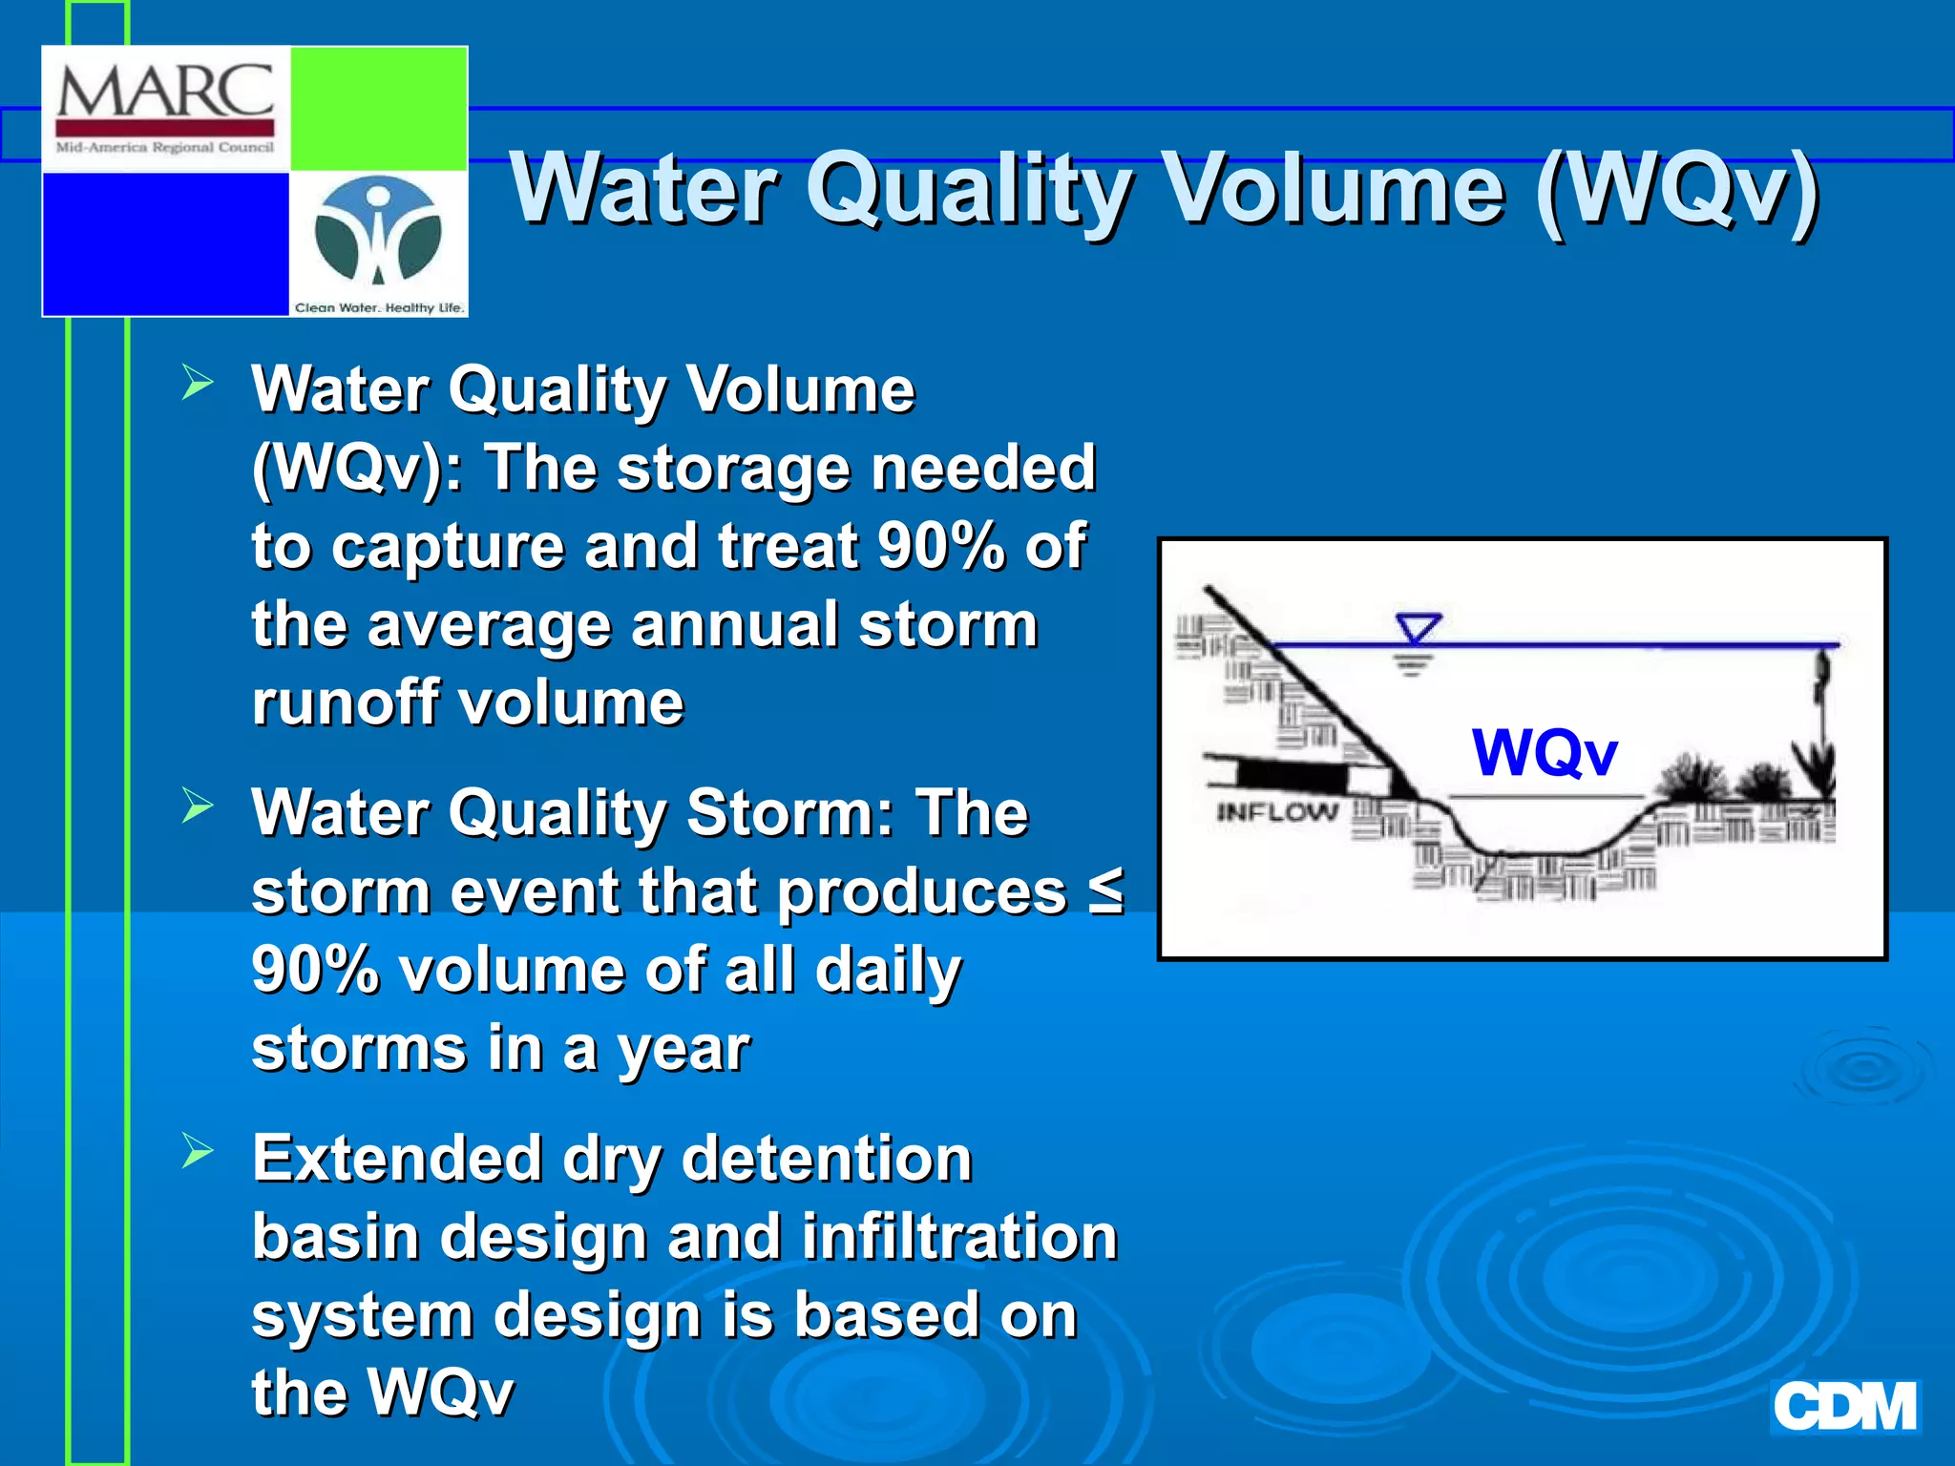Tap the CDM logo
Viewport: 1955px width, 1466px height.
coord(1844,1407)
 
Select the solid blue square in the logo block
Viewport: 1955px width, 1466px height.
coord(166,243)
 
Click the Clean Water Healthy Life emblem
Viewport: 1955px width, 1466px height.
coord(379,233)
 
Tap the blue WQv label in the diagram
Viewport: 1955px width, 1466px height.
coord(1545,752)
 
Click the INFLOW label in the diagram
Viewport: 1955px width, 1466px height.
coord(1276,812)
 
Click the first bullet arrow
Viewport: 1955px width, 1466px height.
coord(198,384)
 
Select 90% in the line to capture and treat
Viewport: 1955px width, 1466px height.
coord(941,546)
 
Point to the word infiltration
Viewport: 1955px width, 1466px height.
coord(958,1237)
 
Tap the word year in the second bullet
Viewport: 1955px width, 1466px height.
coord(683,1050)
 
